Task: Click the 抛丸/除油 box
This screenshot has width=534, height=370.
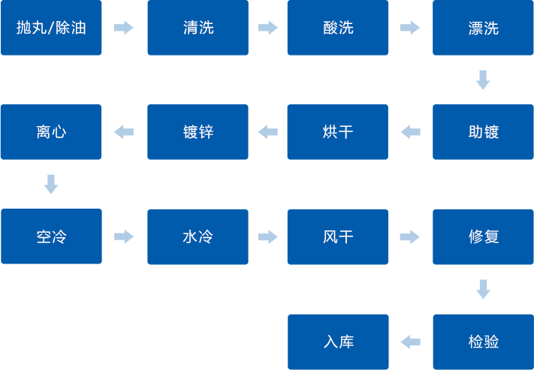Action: coord(51,28)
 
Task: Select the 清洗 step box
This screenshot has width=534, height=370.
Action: coord(198,28)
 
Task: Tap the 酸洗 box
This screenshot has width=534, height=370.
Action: coord(337,28)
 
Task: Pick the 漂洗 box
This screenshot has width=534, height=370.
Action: coord(483,28)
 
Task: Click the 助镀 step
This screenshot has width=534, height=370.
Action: coord(483,132)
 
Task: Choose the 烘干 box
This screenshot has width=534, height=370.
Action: coord(337,132)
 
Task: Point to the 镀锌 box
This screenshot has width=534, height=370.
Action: coord(198,132)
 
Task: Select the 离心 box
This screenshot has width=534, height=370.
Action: coord(51,132)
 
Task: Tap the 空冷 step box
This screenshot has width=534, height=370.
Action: coord(51,236)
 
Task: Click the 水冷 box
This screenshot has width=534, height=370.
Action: coord(198,236)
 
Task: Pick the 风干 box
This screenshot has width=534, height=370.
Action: coord(337,236)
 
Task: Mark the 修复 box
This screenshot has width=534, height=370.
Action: coord(483,236)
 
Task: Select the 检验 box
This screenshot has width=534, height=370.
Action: coord(483,341)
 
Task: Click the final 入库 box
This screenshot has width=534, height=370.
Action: coord(337,341)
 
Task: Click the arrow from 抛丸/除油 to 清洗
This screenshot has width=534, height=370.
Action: coord(123,28)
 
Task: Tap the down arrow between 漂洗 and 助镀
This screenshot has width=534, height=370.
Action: coord(483,80)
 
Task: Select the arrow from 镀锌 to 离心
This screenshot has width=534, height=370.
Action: coord(124,132)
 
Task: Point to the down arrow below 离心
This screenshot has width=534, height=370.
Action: coord(51,184)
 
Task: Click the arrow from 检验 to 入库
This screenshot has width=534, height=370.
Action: coord(410,342)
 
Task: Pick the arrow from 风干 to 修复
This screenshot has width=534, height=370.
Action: coord(409,237)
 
